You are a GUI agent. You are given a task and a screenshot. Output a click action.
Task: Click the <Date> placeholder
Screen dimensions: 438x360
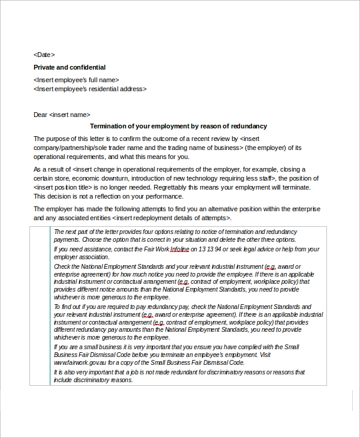point(44,55)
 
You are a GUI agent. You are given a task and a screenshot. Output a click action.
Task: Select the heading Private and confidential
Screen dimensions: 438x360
point(70,67)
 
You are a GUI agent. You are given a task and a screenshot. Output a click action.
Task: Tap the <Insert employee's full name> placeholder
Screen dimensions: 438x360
point(76,80)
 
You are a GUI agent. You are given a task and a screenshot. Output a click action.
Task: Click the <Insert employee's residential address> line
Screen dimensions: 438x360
point(90,89)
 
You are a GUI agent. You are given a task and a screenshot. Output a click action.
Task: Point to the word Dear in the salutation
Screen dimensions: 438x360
point(40,115)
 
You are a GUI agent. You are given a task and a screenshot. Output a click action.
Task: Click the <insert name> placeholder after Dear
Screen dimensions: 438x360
point(70,115)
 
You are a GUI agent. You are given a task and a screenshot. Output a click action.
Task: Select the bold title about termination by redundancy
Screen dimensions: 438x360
point(178,126)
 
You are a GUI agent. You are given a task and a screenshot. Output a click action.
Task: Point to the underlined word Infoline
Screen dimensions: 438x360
point(181,249)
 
